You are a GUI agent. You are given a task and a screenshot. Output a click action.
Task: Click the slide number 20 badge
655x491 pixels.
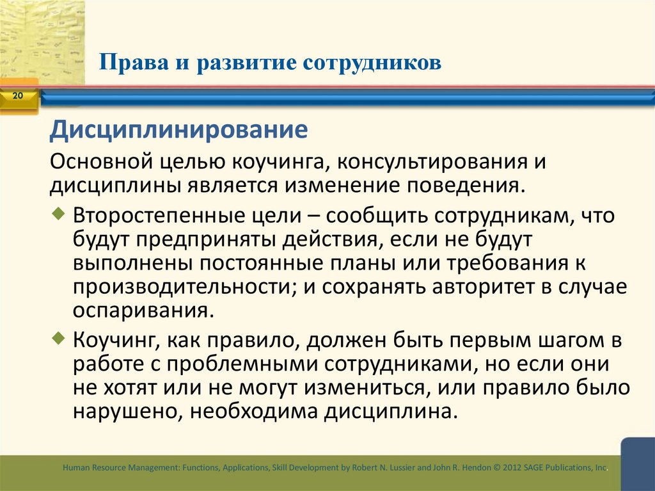tap(17, 96)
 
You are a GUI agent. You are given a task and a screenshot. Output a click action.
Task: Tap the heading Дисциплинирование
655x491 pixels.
tap(179, 131)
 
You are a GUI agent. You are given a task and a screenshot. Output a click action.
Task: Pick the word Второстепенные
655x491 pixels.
tap(158, 216)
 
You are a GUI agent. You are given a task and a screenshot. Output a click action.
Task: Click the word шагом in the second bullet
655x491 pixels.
tap(559, 339)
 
